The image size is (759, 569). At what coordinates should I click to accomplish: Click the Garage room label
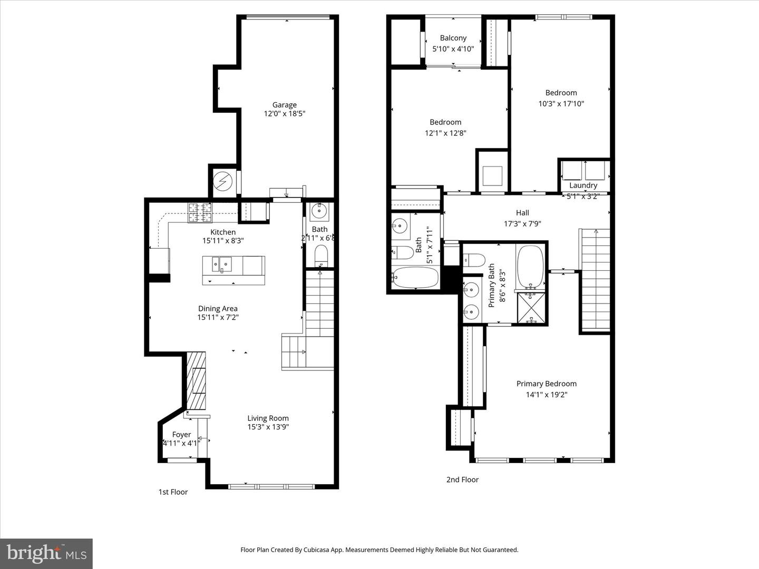(284, 105)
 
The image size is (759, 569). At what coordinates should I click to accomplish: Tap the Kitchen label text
(223, 232)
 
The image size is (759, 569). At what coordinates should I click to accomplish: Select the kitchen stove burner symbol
(200, 212)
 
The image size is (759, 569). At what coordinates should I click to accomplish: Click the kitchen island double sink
(222, 264)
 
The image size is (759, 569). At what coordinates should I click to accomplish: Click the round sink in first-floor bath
(319, 211)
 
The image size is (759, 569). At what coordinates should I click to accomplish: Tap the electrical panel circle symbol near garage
(222, 182)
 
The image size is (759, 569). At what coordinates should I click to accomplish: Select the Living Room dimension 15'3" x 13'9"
(268, 427)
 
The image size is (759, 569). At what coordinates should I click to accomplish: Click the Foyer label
(181, 435)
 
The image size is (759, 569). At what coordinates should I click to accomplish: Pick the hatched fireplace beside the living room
(197, 381)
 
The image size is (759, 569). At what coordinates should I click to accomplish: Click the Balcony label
(453, 38)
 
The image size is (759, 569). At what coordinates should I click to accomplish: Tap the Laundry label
(583, 185)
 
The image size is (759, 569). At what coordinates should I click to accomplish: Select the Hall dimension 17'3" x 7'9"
(522, 223)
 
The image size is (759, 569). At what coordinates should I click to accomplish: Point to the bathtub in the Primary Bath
(530, 266)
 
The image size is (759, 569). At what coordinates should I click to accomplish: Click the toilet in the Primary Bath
(474, 260)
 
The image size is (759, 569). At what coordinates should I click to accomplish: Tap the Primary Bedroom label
(546, 384)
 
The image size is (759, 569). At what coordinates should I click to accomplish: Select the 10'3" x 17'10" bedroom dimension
(561, 104)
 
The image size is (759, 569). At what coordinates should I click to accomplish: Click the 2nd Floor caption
(462, 479)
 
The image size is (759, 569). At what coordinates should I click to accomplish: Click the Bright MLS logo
(46, 553)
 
